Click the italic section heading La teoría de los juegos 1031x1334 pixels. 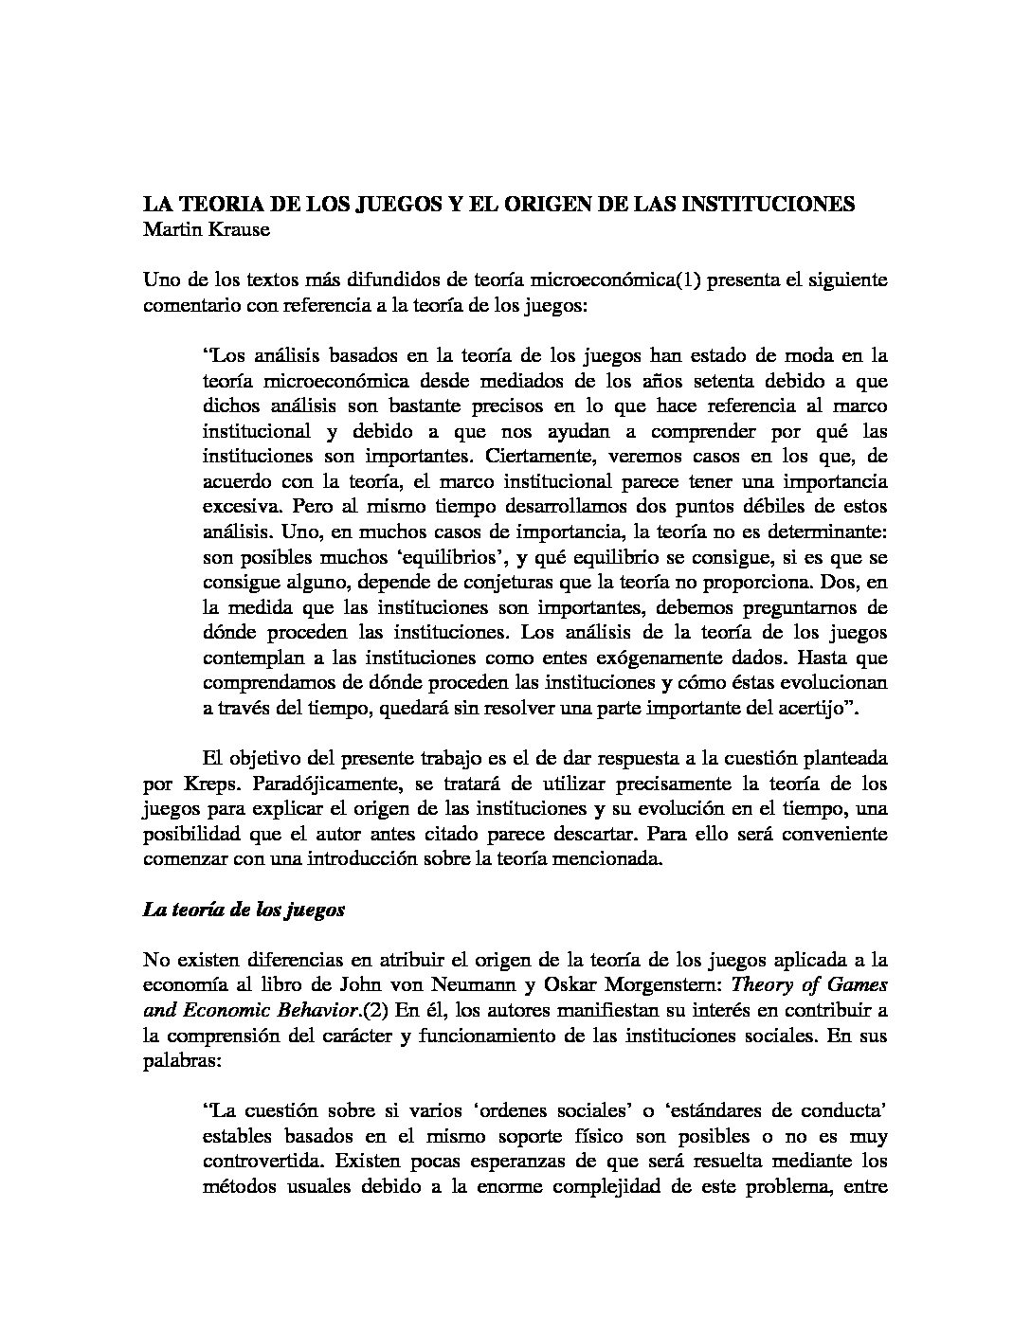click(x=244, y=910)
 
